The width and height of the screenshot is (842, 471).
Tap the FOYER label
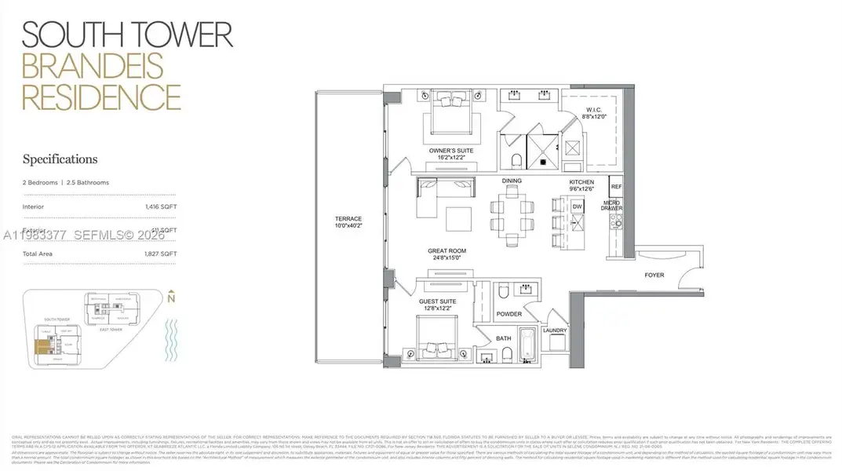tap(654, 276)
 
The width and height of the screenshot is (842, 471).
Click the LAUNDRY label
tap(554, 330)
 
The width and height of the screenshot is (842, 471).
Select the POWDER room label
tap(509, 314)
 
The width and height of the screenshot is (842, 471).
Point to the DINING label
tap(512, 181)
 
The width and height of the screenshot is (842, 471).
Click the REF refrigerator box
tap(616, 187)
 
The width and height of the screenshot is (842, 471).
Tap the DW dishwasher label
tap(577, 206)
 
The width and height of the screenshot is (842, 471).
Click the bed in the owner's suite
tap(450, 115)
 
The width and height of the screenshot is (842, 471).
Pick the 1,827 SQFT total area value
tap(161, 254)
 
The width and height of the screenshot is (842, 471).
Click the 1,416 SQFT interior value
tap(161, 206)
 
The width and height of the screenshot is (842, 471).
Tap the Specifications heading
tap(60, 159)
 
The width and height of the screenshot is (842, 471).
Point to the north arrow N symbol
tap(171, 297)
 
